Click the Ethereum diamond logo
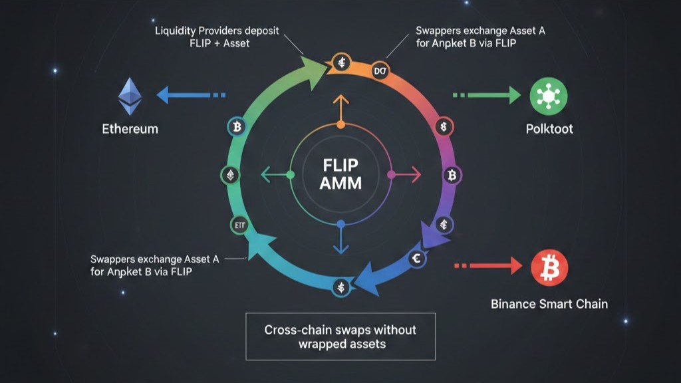[x=130, y=96]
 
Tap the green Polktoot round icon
[x=548, y=96]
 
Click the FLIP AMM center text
[x=340, y=174]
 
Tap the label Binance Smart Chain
[x=549, y=304]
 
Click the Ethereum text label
[x=130, y=128]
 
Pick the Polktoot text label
[x=549, y=128]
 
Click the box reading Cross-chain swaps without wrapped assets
[x=340, y=336]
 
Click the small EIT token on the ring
[x=237, y=225]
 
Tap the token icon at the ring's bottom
[x=340, y=287]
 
